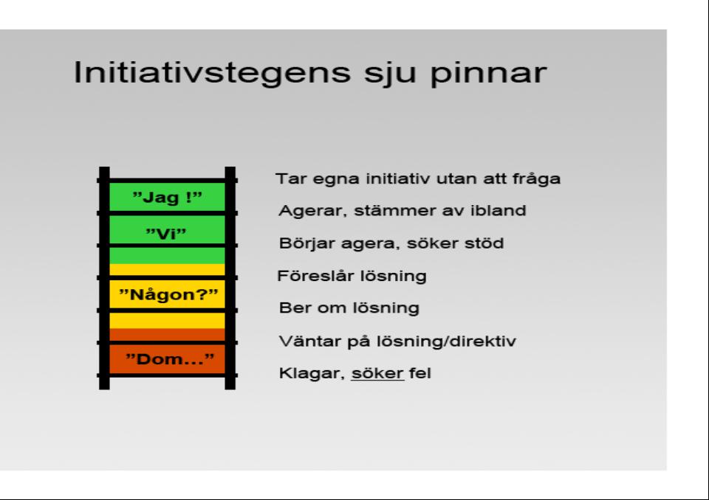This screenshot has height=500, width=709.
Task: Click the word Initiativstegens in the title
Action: (x=212, y=72)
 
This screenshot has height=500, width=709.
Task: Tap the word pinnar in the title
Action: (x=488, y=74)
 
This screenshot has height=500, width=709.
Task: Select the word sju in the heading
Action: (x=390, y=74)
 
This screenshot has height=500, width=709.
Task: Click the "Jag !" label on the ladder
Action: (x=168, y=197)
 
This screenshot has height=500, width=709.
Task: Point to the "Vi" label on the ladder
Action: (x=166, y=234)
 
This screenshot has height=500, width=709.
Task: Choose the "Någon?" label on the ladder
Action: (x=168, y=294)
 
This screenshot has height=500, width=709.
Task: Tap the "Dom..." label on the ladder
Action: (x=170, y=359)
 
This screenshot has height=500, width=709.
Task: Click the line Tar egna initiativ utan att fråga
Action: (x=418, y=179)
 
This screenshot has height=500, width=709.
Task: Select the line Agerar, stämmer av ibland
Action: (x=402, y=210)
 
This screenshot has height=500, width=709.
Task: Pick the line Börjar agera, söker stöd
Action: (x=391, y=243)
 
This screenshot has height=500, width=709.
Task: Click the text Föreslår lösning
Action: (x=352, y=276)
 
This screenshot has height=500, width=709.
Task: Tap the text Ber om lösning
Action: (x=349, y=308)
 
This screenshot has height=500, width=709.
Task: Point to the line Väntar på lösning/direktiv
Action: (x=397, y=341)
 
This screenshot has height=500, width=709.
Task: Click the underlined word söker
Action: (x=377, y=373)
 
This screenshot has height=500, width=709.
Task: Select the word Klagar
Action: (x=312, y=374)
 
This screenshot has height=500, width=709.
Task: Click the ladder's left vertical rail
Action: (x=104, y=278)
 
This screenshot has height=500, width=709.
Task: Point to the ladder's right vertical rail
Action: (x=230, y=278)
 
